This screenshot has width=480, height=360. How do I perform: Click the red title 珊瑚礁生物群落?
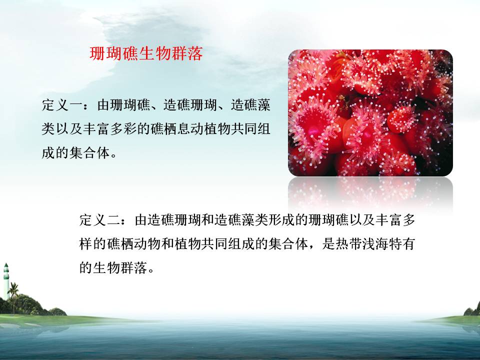click(x=146, y=53)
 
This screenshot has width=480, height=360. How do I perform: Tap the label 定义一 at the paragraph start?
click(x=62, y=105)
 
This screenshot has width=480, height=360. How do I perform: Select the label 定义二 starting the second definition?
click(x=99, y=220)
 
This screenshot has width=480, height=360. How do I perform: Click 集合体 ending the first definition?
click(x=89, y=153)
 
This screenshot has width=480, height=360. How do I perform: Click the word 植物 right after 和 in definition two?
click(x=187, y=244)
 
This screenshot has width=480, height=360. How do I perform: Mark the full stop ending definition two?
click(x=151, y=271)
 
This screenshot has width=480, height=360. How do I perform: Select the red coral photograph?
click(x=370, y=113)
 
